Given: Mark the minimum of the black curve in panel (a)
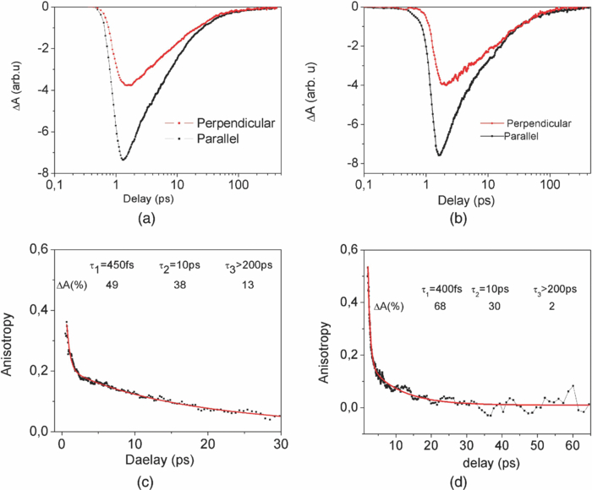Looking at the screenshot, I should click(x=123, y=159).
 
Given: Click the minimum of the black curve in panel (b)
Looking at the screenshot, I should click(x=440, y=155).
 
